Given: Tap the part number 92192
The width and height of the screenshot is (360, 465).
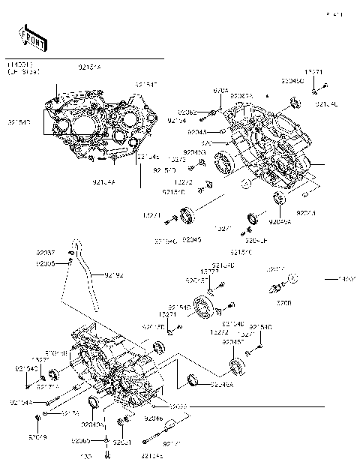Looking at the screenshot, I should [113, 276].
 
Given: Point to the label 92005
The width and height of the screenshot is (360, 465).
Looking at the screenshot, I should [46, 264].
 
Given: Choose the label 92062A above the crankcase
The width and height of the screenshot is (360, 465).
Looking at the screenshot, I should [242, 97].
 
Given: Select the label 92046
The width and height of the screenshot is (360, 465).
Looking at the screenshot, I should [153, 418].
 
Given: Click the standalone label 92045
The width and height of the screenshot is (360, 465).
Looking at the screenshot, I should [193, 240].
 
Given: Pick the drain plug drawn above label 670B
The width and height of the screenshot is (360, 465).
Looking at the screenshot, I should [275, 286].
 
